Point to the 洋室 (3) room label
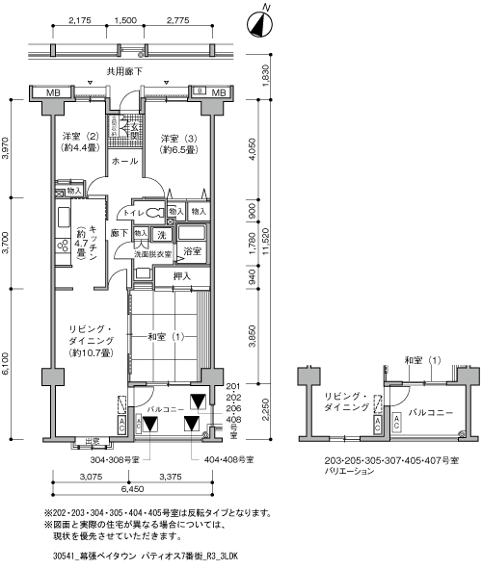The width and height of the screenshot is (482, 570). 178,142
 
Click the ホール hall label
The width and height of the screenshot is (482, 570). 122,162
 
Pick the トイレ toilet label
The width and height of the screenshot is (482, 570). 133,211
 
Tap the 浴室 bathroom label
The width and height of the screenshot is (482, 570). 192,251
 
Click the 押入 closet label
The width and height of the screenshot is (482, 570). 182,277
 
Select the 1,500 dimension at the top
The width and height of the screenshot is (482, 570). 124,19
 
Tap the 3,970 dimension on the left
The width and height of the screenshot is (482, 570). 7,147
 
